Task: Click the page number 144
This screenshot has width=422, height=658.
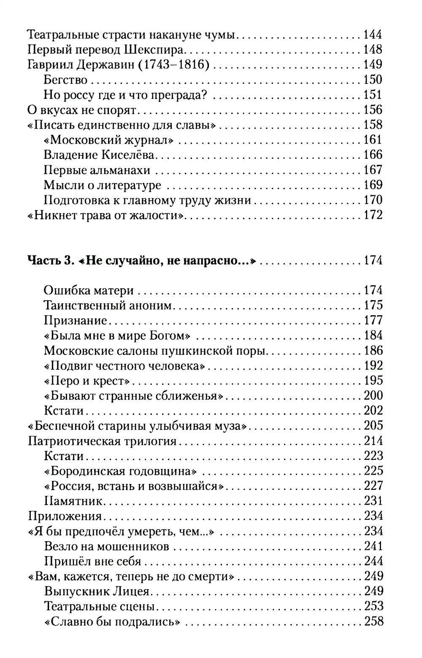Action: (373, 34)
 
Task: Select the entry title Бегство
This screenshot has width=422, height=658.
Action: (65, 79)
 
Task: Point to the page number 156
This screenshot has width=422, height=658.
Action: (373, 110)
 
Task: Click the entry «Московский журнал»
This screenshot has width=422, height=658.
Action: (108, 140)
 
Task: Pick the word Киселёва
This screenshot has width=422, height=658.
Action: (129, 155)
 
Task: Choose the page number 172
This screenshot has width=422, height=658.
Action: (373, 215)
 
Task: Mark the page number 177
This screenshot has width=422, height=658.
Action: (373, 320)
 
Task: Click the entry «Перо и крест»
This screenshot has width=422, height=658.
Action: (87, 380)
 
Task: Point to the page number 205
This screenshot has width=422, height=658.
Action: (373, 426)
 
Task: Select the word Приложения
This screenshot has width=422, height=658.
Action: (65, 516)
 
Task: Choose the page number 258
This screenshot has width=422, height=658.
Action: (373, 621)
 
